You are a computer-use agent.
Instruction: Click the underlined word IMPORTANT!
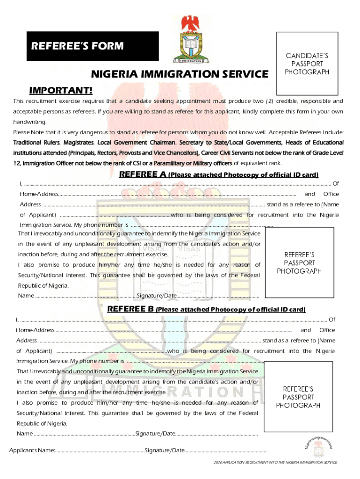tap(61, 90)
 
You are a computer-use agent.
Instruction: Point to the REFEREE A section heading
tap(219, 175)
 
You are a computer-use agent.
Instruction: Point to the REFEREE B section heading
tap(206, 309)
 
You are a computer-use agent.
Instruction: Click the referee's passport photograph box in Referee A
tap(299, 263)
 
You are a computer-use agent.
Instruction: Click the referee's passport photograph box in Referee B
tap(298, 397)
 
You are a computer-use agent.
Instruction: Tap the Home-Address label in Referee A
tap(39, 194)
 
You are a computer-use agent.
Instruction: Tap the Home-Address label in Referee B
tap(36, 330)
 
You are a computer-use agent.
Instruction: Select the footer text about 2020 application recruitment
tap(275, 462)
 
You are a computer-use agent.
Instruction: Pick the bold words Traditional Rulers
tap(36, 142)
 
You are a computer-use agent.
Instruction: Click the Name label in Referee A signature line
tap(26, 296)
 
